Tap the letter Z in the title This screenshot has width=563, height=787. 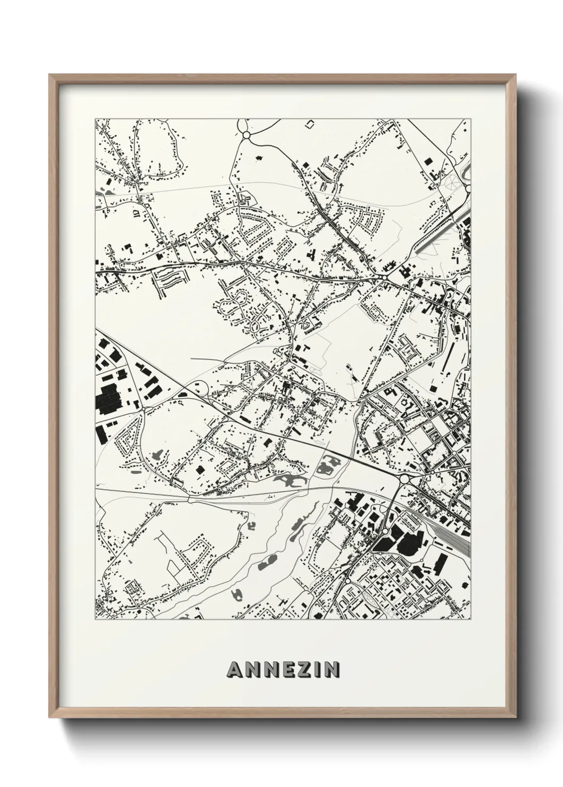299,669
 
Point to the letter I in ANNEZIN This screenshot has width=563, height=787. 314,669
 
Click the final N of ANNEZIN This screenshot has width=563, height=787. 331,669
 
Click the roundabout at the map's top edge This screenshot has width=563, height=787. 246,136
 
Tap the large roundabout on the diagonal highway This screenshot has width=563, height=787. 404,479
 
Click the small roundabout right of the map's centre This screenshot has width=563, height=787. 383,277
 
